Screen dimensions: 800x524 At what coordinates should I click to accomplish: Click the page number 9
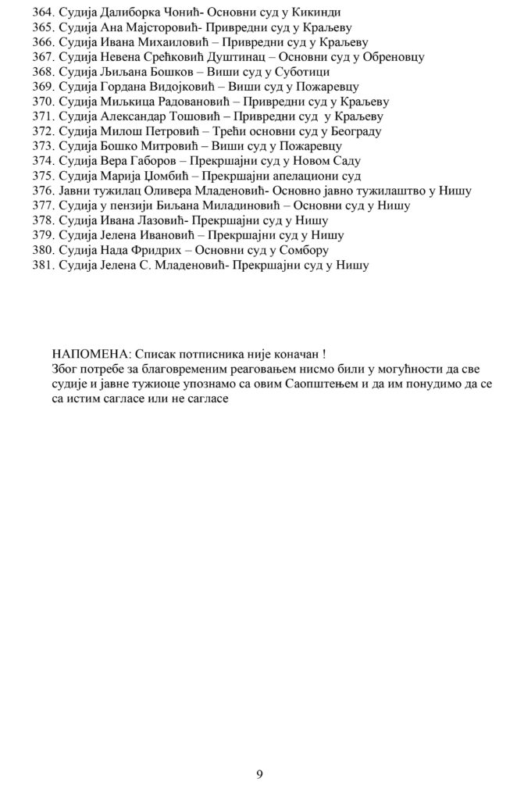pos(259,774)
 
